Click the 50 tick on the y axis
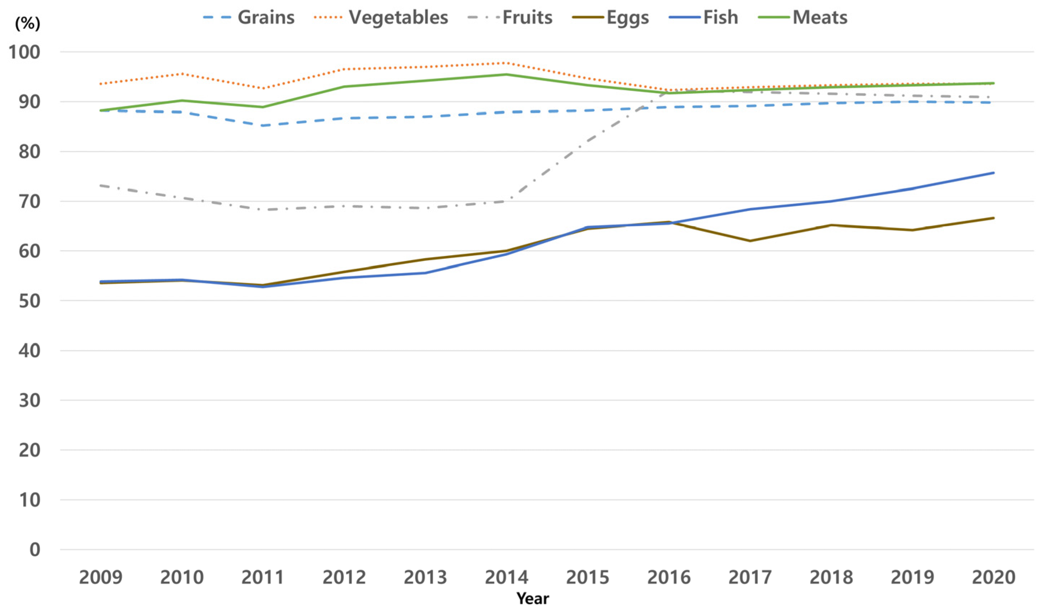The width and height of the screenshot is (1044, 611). click(x=30, y=301)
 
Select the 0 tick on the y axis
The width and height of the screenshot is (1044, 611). click(x=35, y=550)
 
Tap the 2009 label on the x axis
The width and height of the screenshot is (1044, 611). click(x=101, y=577)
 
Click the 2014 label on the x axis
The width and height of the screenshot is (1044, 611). click(x=506, y=577)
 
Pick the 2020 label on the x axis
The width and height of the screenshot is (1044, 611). click(x=993, y=577)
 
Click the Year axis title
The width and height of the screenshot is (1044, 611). click(x=532, y=598)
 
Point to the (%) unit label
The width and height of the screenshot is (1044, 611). click(x=27, y=24)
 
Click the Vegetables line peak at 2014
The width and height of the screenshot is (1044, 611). click(x=506, y=63)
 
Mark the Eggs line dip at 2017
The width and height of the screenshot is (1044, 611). click(x=750, y=241)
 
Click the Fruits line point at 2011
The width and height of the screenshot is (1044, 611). click(x=263, y=210)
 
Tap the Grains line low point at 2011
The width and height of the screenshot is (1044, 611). click(x=263, y=125)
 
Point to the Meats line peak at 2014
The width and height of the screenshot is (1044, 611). click(x=506, y=74)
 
